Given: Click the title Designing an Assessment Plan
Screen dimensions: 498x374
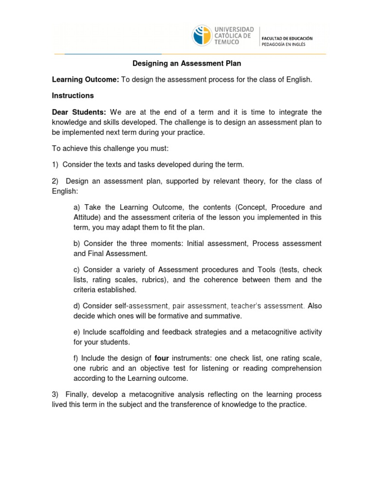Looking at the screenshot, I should click(x=187, y=64).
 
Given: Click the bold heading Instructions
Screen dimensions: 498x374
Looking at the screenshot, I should click(x=73, y=95).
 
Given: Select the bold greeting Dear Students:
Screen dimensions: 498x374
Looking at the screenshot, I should click(x=78, y=112).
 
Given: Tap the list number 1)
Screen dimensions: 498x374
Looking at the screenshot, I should click(x=56, y=164).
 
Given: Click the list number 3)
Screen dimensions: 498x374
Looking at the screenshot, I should click(x=56, y=394).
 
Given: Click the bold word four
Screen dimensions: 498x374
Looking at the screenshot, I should click(x=162, y=358).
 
